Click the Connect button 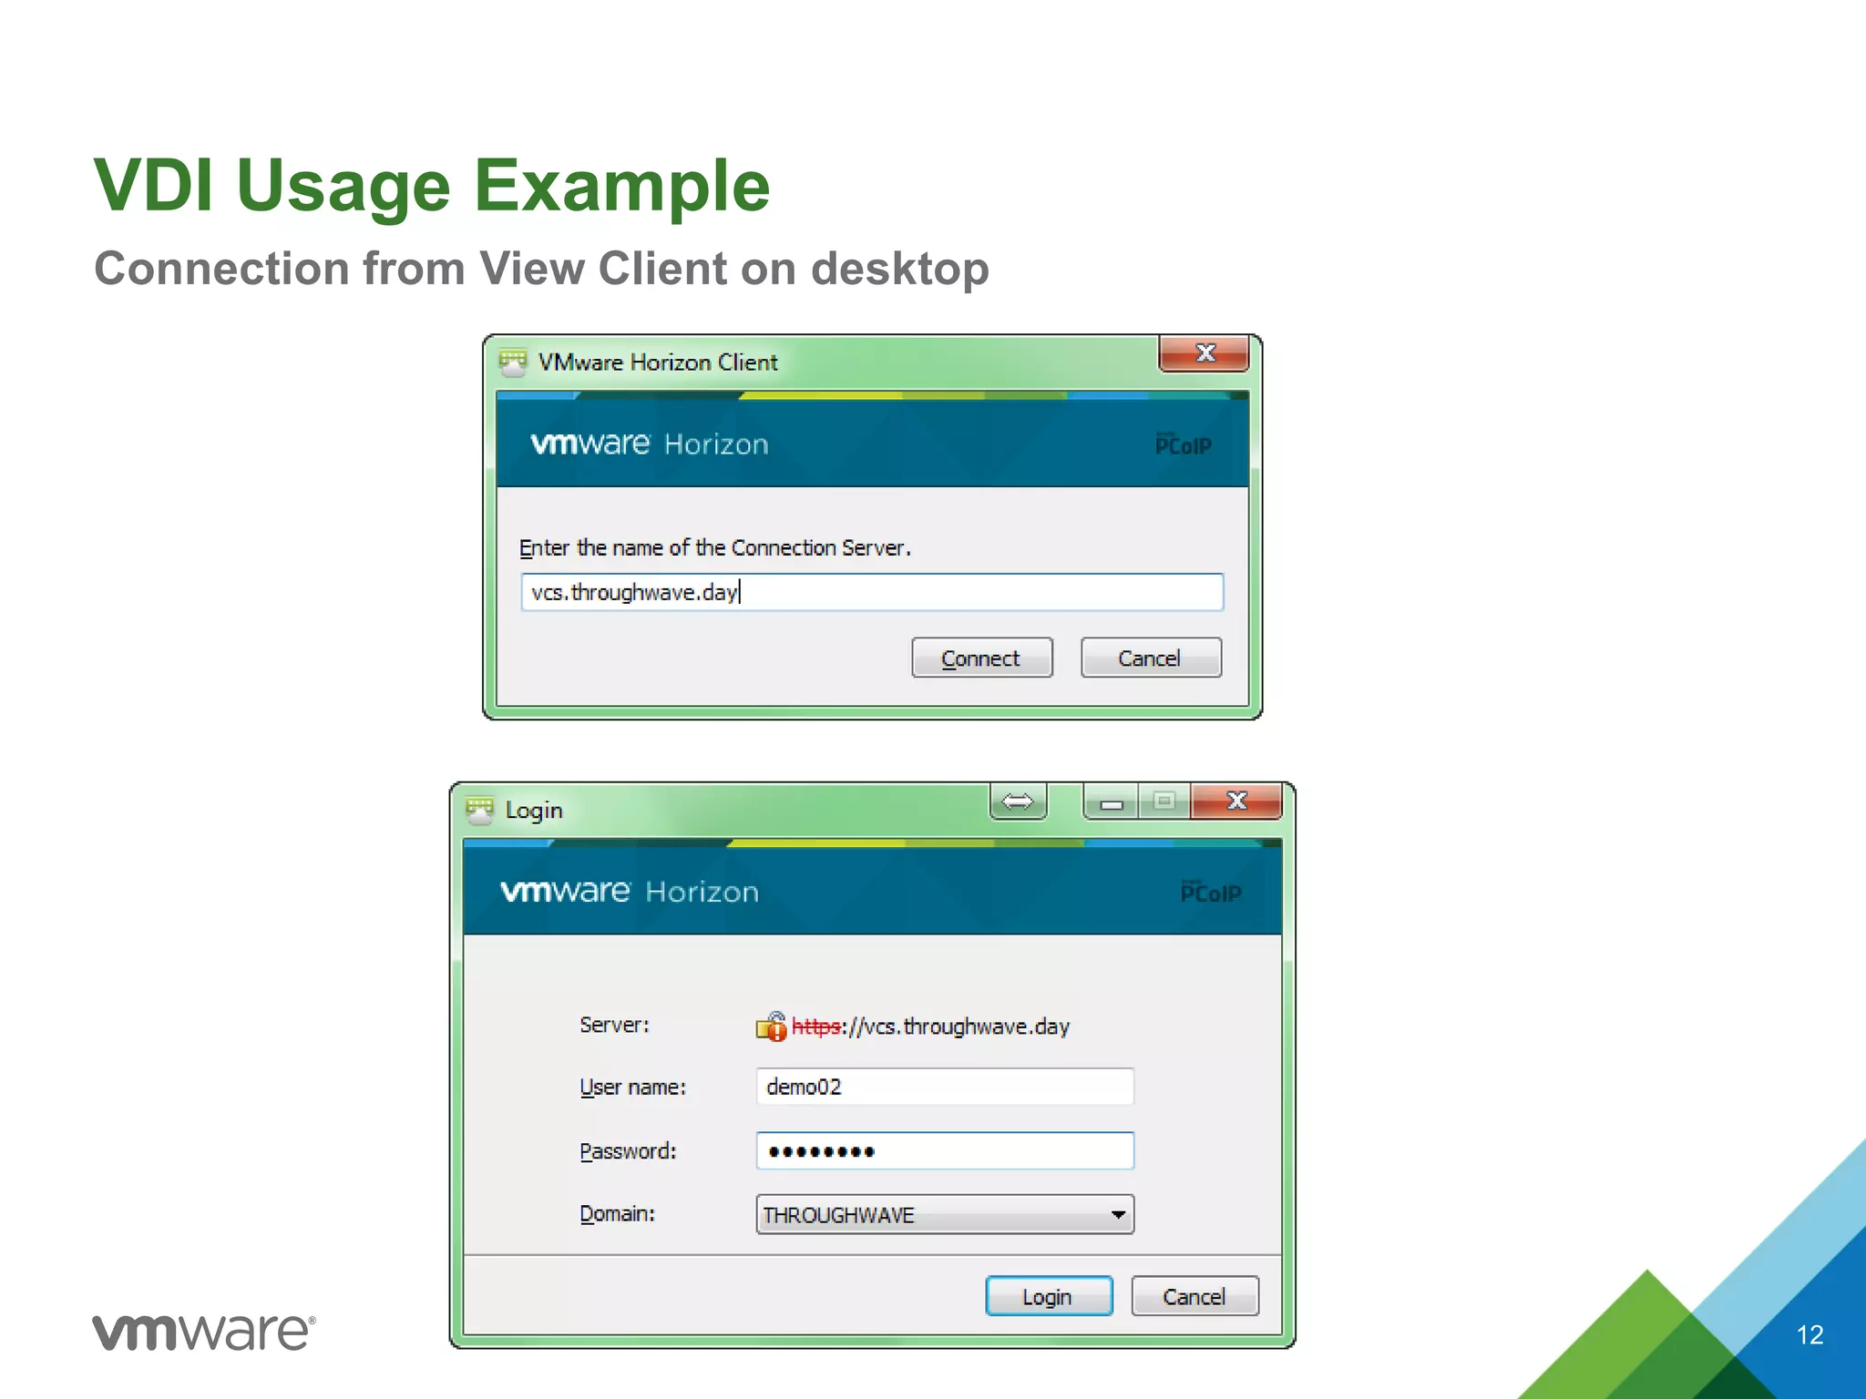tap(981, 658)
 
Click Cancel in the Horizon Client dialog tap(1150, 658)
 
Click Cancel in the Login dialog tap(1194, 1296)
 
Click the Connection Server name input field tap(871, 593)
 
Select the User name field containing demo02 tap(944, 1087)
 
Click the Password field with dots tap(944, 1151)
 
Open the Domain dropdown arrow tap(1118, 1215)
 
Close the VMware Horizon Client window tap(1204, 353)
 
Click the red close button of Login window tap(1235, 802)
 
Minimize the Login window tap(1111, 803)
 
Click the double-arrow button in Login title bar tap(1018, 802)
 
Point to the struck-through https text tap(816, 1026)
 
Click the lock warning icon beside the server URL tap(771, 1026)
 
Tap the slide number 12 tap(1810, 1335)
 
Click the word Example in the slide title tap(621, 186)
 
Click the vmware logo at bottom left tap(203, 1333)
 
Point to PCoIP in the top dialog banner tap(1183, 444)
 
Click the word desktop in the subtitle tap(899, 270)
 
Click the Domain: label tap(617, 1214)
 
